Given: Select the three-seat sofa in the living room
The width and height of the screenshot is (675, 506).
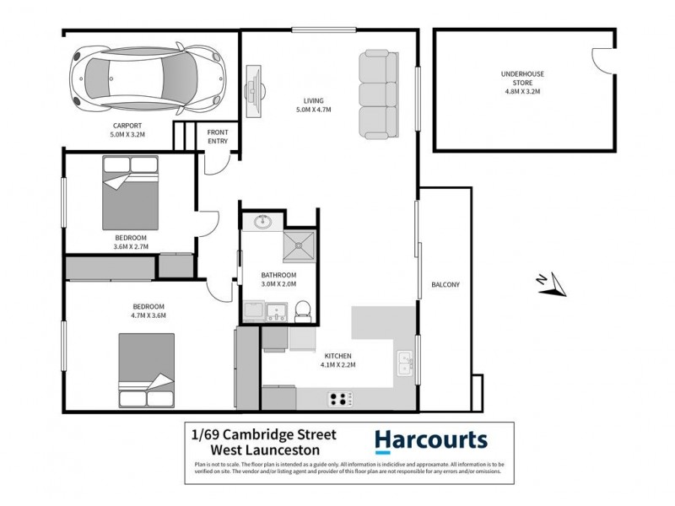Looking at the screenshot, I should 376,94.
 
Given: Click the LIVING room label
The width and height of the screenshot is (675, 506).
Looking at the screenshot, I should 313,100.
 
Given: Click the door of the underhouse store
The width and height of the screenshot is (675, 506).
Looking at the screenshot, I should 600,61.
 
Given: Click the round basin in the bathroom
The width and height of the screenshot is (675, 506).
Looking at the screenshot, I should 261,223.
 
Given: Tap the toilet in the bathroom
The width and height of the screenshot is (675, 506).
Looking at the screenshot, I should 305,310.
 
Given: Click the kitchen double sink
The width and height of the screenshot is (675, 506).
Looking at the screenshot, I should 403,364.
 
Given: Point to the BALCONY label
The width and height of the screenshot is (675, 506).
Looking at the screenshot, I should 445,284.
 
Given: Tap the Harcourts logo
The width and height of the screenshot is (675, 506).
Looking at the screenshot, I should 430,441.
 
